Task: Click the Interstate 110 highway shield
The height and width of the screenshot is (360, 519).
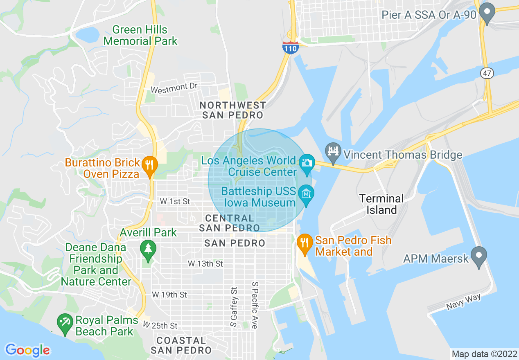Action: (x=290, y=47)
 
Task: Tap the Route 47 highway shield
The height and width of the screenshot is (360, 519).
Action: (x=487, y=73)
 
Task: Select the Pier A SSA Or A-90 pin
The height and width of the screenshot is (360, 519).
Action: (x=487, y=13)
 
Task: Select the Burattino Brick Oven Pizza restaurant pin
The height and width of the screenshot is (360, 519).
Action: (x=149, y=166)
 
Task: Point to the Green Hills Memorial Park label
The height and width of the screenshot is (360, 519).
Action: (x=140, y=36)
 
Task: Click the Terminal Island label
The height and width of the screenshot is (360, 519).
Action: (x=381, y=205)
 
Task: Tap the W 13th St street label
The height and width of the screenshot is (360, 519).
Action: (x=205, y=264)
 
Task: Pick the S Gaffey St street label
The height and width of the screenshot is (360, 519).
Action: (x=234, y=307)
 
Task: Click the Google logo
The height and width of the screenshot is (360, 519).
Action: (x=27, y=350)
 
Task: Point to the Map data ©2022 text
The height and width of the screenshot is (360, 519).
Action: (x=483, y=354)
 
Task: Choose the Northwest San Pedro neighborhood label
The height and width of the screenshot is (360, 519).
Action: (x=233, y=110)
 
